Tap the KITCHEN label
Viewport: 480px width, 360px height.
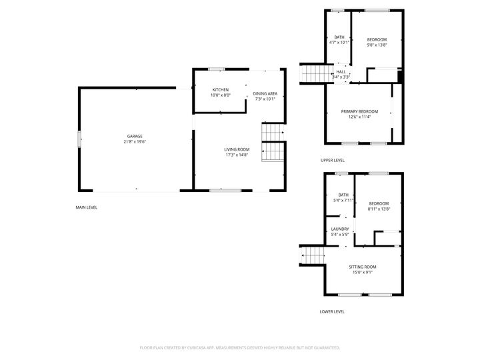[221, 89]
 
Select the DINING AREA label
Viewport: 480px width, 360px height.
[265, 93]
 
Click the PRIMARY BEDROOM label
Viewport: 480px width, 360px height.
[359, 111]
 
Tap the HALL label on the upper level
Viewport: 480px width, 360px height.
[341, 72]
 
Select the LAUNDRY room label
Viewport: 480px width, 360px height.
[340, 229]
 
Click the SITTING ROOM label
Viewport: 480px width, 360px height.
[363, 267]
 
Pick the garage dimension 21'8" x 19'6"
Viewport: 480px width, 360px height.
[135, 141]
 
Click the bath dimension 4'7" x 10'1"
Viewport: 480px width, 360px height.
[339, 43]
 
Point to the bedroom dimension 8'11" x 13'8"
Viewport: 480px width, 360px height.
[378, 209]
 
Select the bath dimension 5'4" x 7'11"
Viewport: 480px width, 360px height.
[343, 200]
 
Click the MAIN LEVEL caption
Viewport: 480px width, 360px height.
[87, 207]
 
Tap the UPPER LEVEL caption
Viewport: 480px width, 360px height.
[332, 161]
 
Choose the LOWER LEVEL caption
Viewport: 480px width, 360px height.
[332, 311]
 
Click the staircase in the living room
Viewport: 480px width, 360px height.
[273, 143]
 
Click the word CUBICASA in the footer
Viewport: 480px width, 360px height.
[207, 347]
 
